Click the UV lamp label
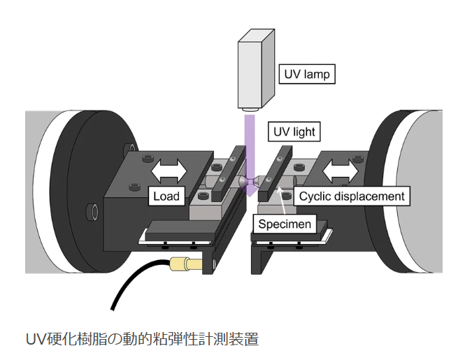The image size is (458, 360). pyautogui.click(x=306, y=73)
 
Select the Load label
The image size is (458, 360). pyautogui.click(x=166, y=196)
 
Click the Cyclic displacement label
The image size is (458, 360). pyautogui.click(x=352, y=196)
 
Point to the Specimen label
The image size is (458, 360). pyautogui.click(x=284, y=224)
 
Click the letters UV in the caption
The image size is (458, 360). pyautogui.click(x=35, y=340)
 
